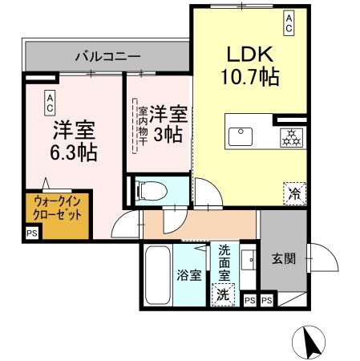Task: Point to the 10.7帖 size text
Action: coord(249,78)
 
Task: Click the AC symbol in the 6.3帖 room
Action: coord(50,101)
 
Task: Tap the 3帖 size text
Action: coord(169,136)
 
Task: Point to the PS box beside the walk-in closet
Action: coord(31,233)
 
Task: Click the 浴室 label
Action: coord(189,274)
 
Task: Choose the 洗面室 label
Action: coord(224,261)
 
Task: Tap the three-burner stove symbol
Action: coord(290,136)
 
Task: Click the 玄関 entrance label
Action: coord(282,259)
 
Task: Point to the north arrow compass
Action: coord(311,343)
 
